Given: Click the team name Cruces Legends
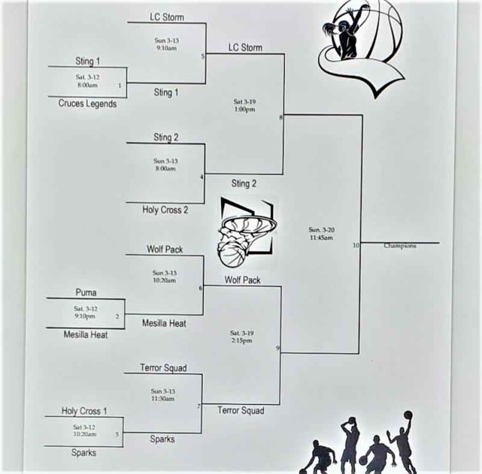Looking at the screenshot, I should point(87,104).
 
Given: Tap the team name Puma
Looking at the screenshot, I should point(86,293).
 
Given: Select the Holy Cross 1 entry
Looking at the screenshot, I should point(84,411).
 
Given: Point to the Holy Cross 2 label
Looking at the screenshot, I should point(165,210).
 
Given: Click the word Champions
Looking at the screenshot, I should point(399,246).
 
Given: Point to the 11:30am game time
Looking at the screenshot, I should point(163,399).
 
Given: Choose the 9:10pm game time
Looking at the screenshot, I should point(85,316).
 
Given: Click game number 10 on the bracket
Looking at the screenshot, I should point(356,246).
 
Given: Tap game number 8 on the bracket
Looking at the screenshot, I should point(281,117).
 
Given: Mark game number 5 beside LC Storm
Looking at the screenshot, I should point(203,57).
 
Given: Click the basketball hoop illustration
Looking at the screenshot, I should point(245,232).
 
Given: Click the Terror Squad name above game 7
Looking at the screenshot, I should point(163,368).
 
